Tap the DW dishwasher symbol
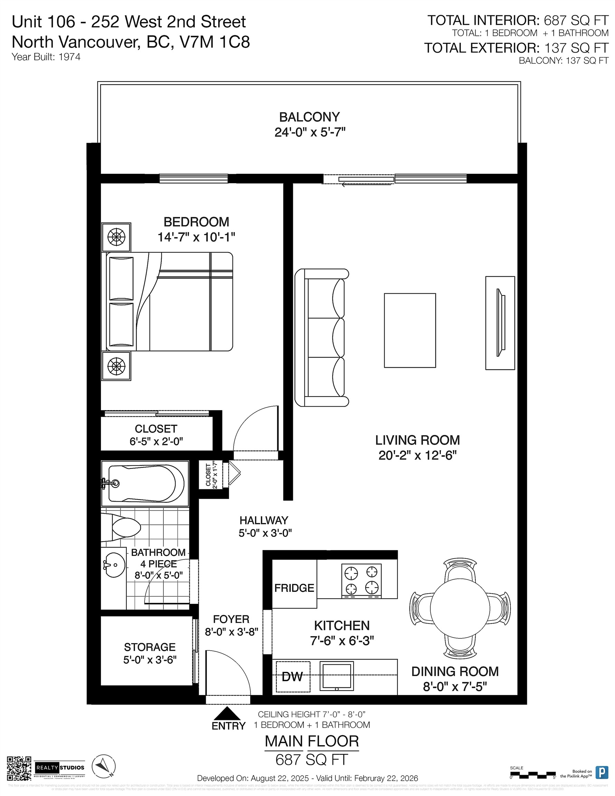pos(292,676)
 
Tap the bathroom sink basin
pos(114,565)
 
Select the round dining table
pos(460,608)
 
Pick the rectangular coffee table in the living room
pos(410,330)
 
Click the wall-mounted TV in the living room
pos(501,323)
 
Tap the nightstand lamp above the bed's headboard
pos(116,237)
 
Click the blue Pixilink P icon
pos(602,772)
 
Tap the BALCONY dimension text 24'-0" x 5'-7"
pos(310,132)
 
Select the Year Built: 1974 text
pos(46,57)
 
